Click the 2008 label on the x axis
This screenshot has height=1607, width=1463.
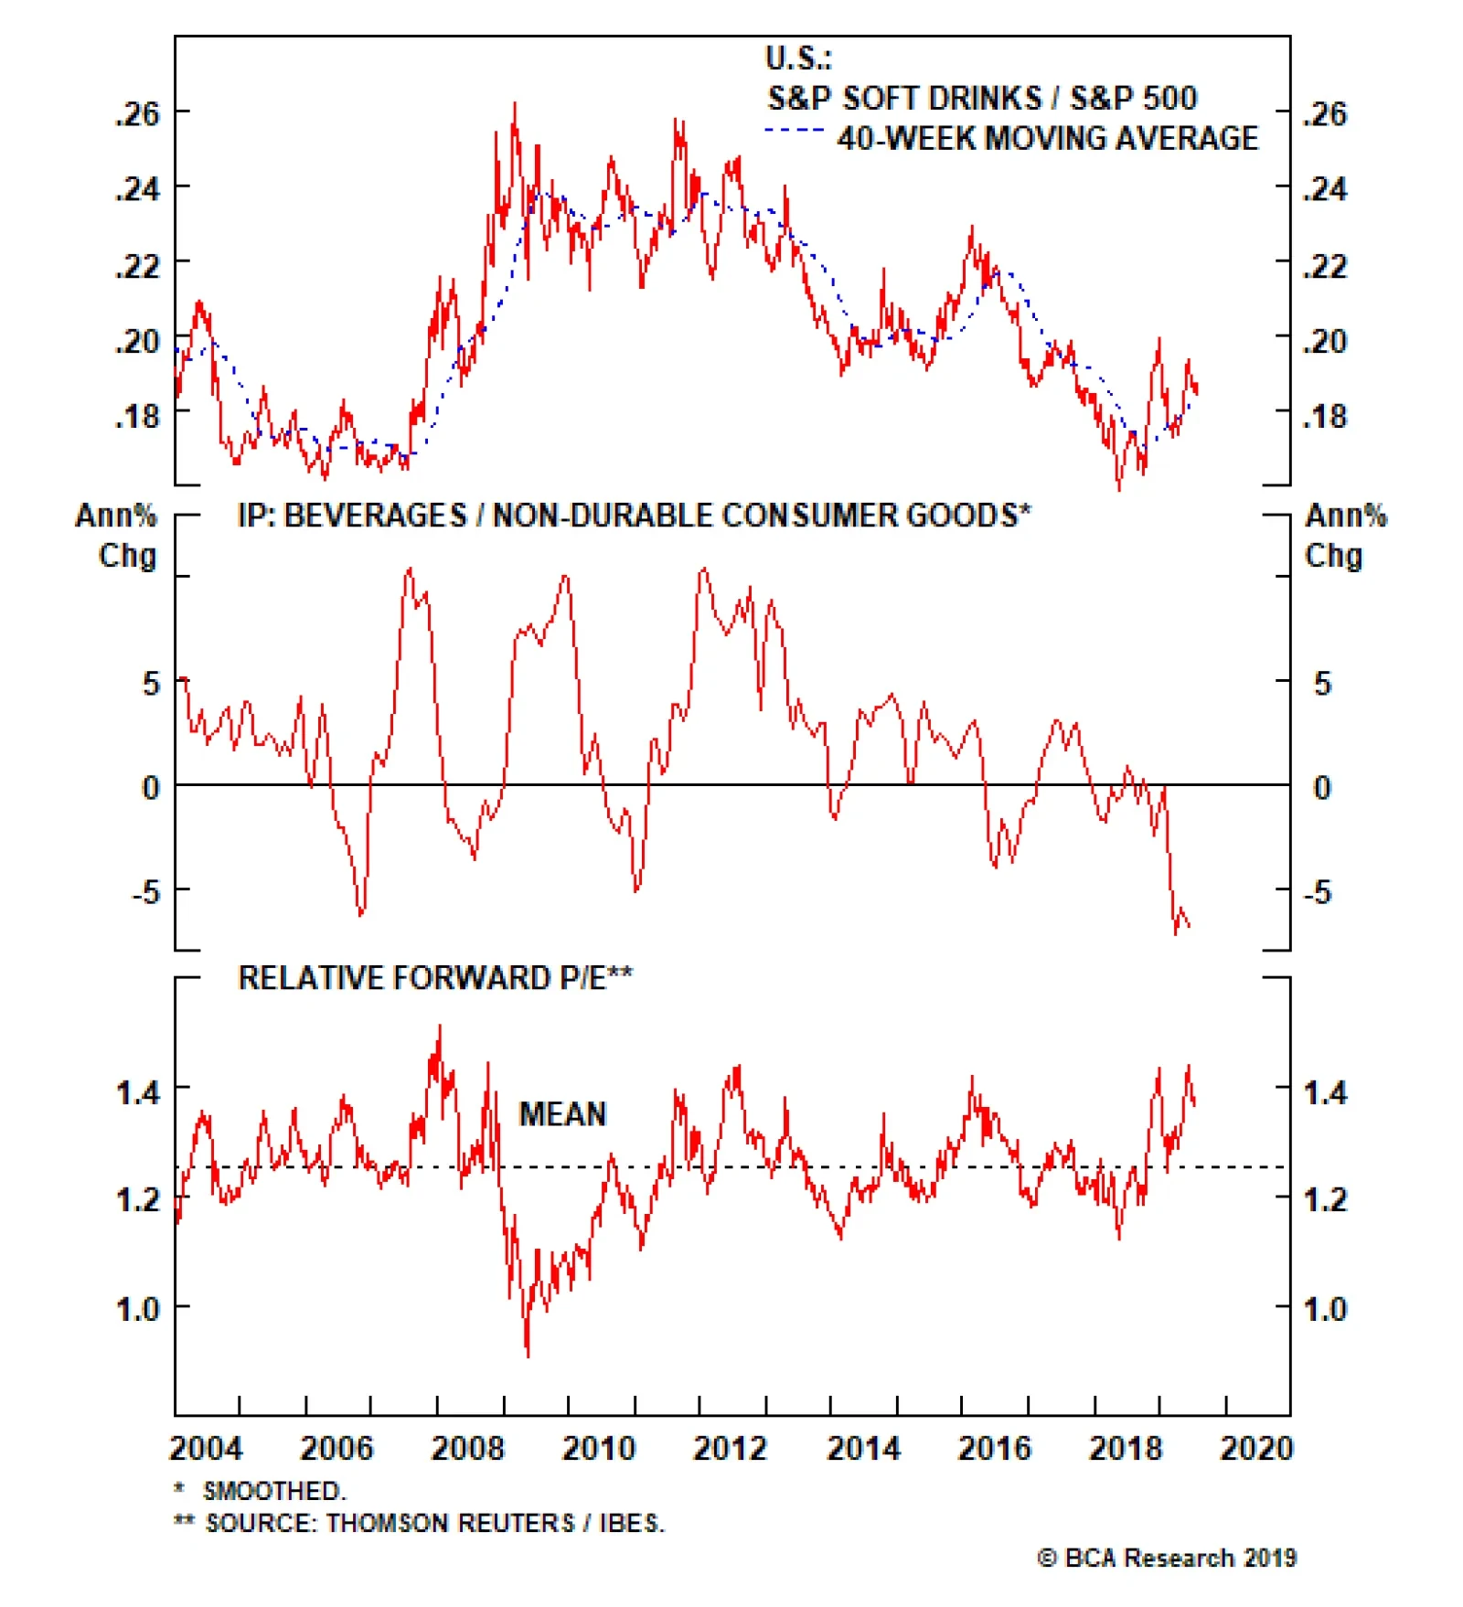(x=467, y=1448)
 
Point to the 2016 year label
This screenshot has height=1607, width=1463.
(x=994, y=1448)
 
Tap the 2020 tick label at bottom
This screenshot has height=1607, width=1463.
(x=1256, y=1448)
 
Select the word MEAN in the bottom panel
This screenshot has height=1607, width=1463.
(x=562, y=1114)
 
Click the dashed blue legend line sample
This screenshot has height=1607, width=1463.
(x=794, y=131)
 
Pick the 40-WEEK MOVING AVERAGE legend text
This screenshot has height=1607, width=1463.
(x=1048, y=138)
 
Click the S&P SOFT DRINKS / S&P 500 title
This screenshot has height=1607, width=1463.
(x=982, y=98)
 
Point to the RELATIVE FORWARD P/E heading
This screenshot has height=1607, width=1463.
(x=435, y=978)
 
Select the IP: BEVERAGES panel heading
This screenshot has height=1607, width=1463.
(x=634, y=516)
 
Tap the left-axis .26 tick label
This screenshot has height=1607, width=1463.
(x=137, y=114)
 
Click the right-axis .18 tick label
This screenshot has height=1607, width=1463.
(x=1325, y=417)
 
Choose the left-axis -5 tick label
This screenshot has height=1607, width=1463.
(x=145, y=891)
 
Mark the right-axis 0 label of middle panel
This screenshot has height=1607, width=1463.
(x=1322, y=787)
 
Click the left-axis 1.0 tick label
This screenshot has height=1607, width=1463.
(x=137, y=1309)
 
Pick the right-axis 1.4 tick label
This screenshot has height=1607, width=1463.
(x=1325, y=1092)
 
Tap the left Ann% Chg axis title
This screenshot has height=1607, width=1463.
(x=117, y=536)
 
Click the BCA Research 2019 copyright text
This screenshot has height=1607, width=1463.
(x=1168, y=1558)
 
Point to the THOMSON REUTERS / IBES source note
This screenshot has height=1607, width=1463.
(x=434, y=1523)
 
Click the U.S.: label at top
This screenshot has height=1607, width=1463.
(x=798, y=59)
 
